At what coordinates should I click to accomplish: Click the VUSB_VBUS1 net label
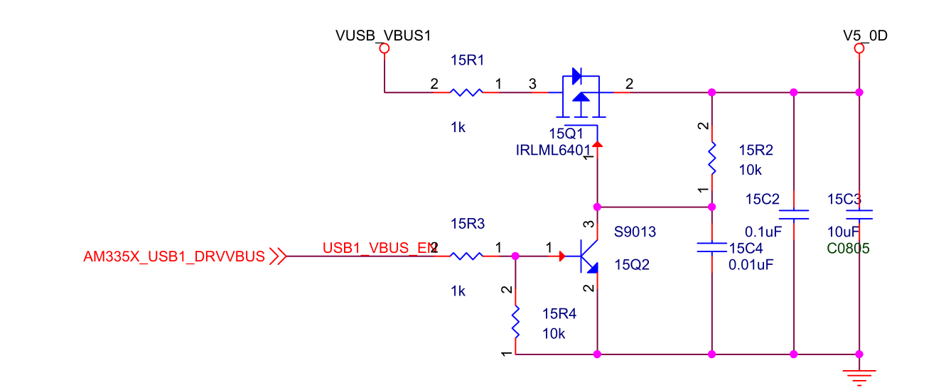click(383, 35)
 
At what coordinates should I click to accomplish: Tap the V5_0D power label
click(865, 35)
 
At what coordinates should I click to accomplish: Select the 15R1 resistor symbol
click(466, 92)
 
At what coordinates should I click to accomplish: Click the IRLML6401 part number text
click(553, 150)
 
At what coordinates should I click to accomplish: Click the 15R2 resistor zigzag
click(712, 159)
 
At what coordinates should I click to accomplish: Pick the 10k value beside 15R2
click(751, 170)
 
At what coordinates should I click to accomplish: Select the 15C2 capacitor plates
click(794, 214)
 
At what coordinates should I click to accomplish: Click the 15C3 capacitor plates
click(859, 214)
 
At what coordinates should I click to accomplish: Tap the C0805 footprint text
click(849, 249)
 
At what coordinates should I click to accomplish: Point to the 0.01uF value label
click(751, 265)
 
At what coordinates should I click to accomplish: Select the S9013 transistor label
click(635, 232)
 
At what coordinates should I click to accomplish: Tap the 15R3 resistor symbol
click(466, 256)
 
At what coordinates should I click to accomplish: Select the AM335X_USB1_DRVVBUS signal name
click(174, 256)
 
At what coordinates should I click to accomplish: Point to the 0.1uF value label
click(763, 232)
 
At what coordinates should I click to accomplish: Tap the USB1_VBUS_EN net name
click(378, 248)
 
